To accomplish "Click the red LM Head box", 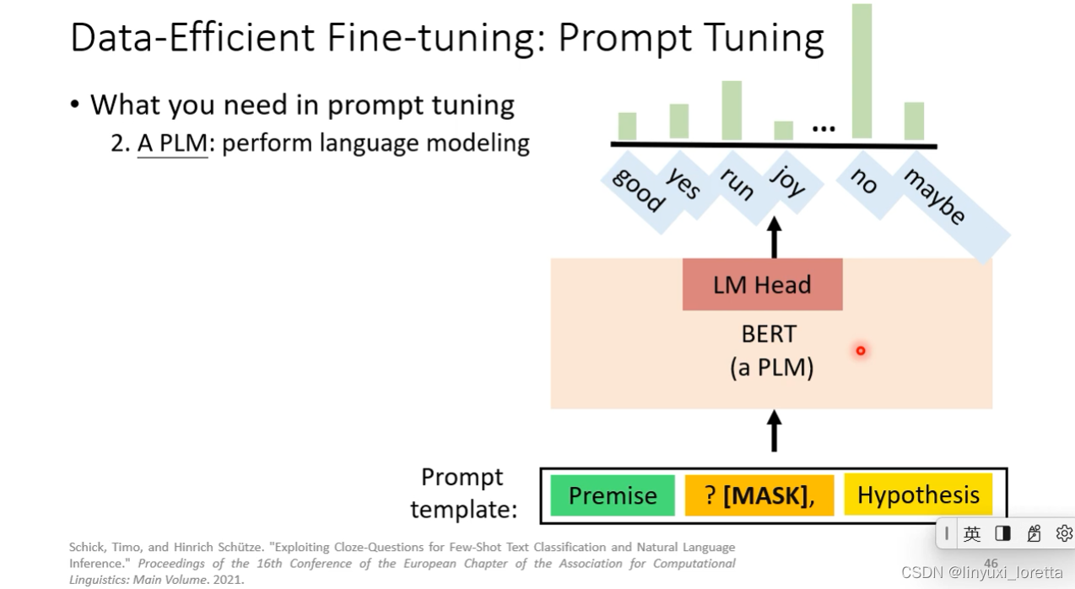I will pos(762,284).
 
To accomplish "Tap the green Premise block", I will pos(613,495).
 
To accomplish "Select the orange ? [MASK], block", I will pos(759,495).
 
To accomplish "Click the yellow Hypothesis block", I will pos(918,495).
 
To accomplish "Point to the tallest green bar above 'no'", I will pos(862,71).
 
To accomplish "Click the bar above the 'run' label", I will pos(732,111).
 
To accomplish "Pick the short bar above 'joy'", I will pos(783,131).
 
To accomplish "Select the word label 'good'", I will pos(638,190).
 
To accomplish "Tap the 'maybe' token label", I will pos(935,197).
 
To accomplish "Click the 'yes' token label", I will pos(683,181).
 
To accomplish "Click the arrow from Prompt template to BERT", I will pos(774,430).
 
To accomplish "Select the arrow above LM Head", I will pos(774,237).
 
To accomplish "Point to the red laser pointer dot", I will pos(861,350).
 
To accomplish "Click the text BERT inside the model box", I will pos(768,334).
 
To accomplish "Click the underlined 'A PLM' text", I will pos(172,143).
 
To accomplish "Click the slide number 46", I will pos(991,563).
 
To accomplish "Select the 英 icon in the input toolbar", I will pos(972,533).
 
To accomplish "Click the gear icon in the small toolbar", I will pos(1064,533).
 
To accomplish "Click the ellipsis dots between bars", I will pos(823,129).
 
